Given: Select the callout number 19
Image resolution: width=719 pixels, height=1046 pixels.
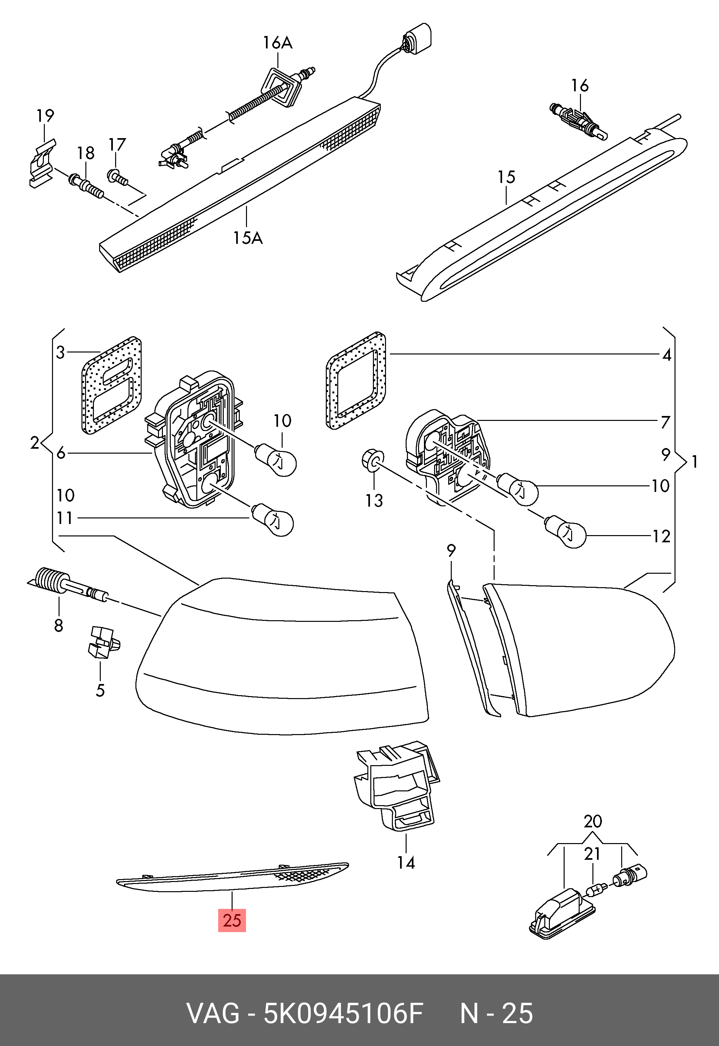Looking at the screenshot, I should coord(45,116).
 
